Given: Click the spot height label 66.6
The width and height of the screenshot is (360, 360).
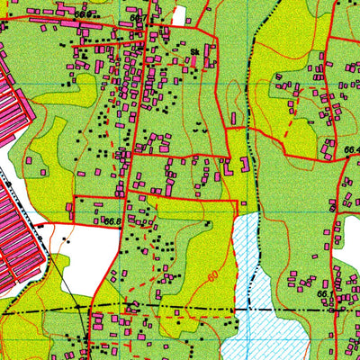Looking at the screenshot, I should tap(84, 15).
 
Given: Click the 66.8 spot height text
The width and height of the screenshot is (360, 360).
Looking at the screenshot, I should tap(112, 220).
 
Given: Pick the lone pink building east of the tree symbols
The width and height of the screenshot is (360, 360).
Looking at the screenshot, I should tap(233, 118).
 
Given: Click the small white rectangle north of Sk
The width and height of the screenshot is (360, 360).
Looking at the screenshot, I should tap(179, 15).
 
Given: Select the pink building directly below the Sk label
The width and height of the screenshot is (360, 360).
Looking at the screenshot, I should tap(194, 65).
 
